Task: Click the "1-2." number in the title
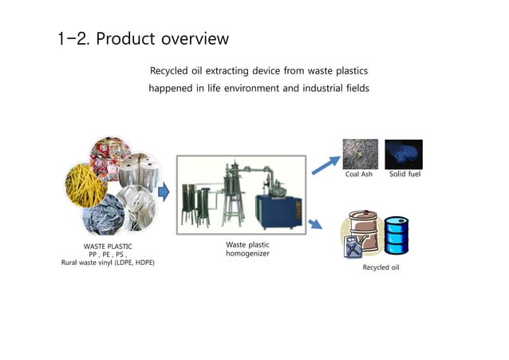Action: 74,38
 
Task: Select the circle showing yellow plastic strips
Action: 86,186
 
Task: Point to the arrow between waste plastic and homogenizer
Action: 164,192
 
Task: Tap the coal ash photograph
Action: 360,154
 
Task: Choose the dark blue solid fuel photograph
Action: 403,154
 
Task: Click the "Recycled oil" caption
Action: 381,267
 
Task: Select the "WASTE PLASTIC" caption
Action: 108,247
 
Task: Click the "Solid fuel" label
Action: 404,174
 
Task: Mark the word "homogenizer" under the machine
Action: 248,253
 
